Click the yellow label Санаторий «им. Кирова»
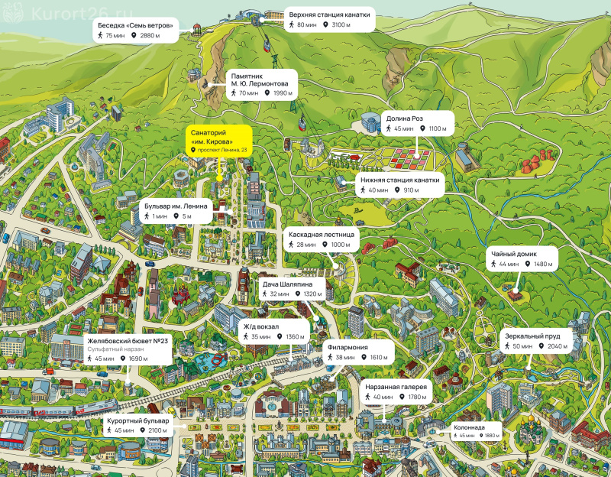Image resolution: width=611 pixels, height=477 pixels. (219, 141)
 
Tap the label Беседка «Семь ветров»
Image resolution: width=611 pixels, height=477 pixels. (136, 31)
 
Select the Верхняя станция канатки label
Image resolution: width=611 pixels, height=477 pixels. (329, 20)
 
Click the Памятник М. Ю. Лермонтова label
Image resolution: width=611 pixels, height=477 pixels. (262, 85)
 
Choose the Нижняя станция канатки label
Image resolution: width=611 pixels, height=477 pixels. (399, 185)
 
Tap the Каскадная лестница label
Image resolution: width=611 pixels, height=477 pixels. (321, 239)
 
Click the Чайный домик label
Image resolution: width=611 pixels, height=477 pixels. (522, 258)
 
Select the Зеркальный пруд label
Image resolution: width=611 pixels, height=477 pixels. (536, 341)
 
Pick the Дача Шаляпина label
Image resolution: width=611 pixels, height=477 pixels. (292, 289)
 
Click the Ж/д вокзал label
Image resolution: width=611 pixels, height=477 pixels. (275, 332)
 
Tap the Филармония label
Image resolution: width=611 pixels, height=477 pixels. (358, 352)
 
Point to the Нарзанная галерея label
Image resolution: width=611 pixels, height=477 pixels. (396, 391)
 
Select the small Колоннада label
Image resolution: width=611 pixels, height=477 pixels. (476, 431)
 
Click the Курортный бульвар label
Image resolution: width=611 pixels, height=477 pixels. (138, 426)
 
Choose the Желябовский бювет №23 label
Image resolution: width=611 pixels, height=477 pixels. (128, 349)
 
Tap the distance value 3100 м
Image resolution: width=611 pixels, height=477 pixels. (341, 24)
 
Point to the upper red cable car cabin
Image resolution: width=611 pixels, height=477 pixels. (267, 44)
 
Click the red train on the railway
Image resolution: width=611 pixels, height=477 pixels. (59, 410)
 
